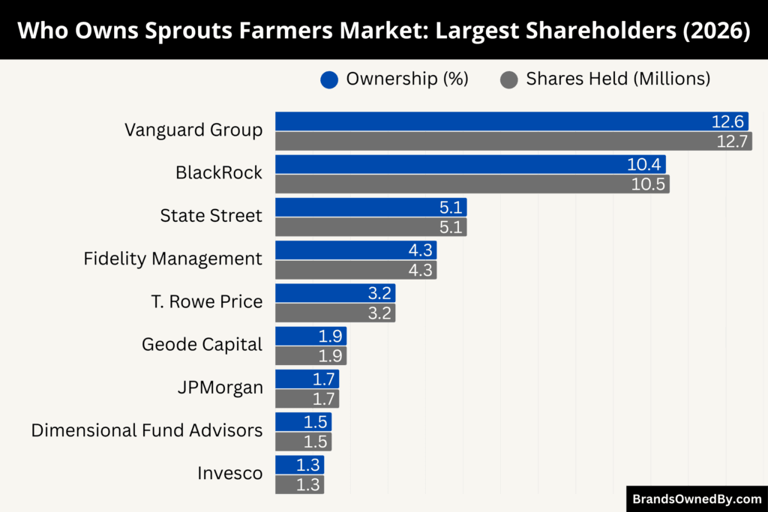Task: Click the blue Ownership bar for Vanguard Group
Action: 510,121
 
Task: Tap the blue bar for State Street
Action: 370,208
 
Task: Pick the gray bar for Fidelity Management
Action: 355,270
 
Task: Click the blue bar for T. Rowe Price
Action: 334,293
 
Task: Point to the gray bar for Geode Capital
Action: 310,356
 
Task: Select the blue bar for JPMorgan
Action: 307,379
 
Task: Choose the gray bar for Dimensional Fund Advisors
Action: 303,442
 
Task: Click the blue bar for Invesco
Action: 299,465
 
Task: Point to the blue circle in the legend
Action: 329,79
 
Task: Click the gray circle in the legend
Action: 509,79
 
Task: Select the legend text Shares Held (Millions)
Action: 617,79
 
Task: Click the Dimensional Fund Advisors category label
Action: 147,430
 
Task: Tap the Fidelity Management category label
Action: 172,259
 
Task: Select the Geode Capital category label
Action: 202,345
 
